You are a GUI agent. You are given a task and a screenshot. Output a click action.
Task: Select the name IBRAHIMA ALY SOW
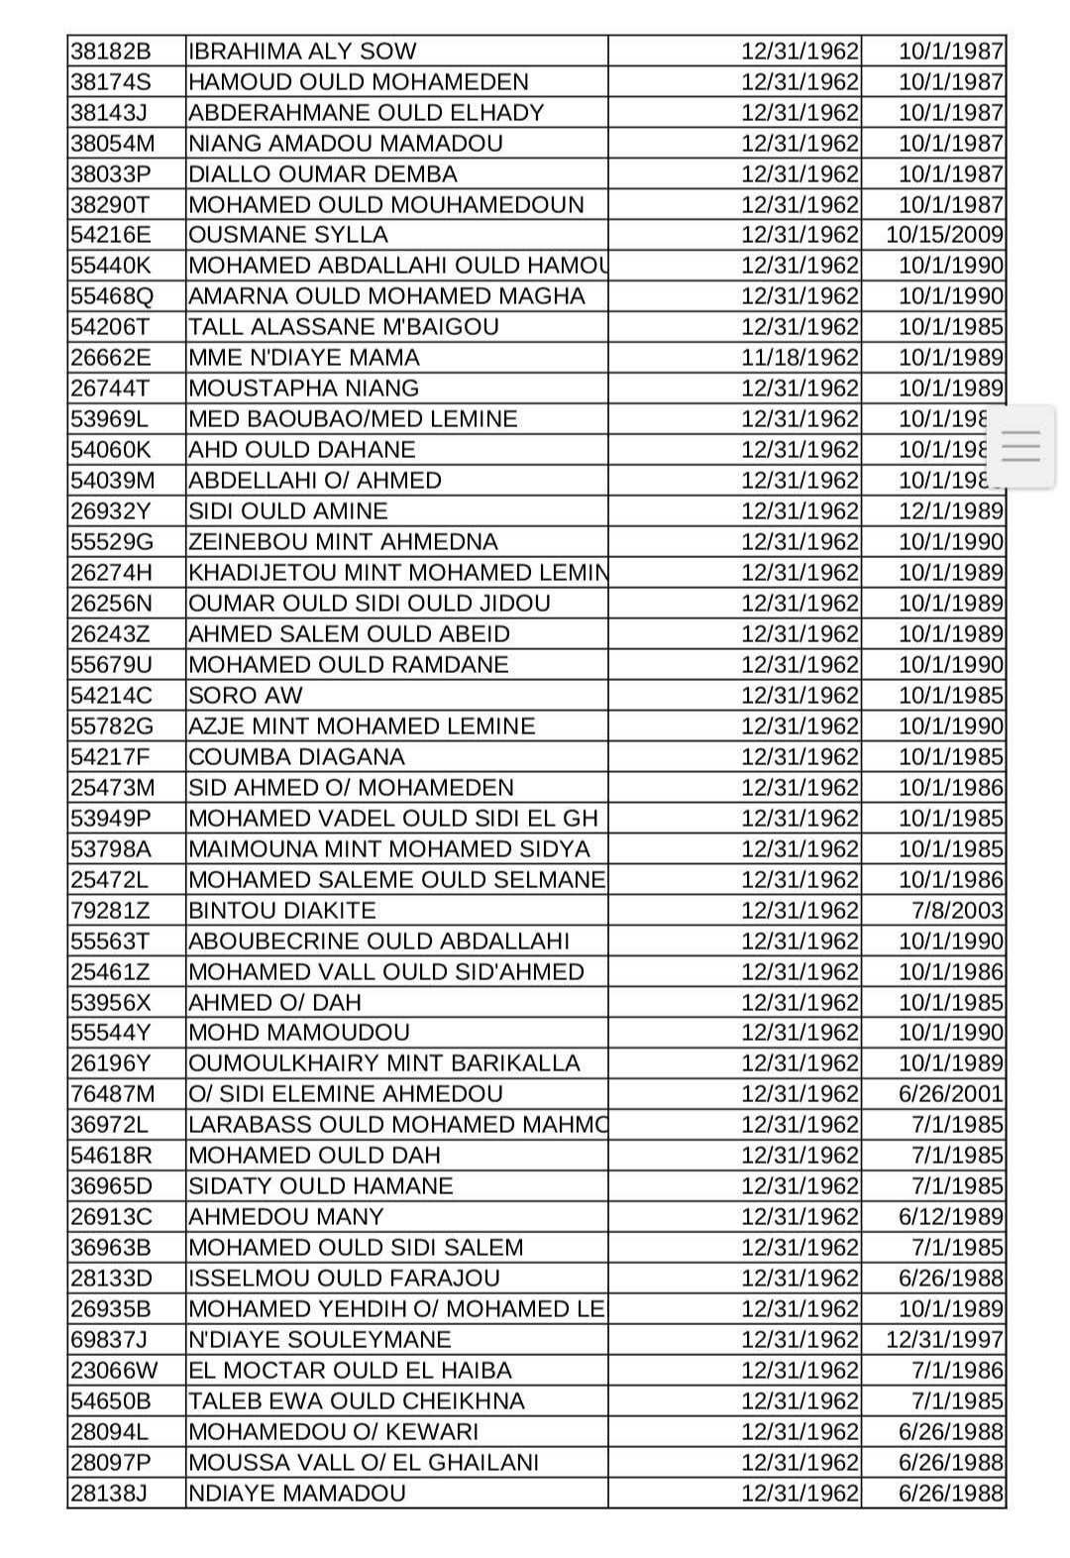click(x=302, y=52)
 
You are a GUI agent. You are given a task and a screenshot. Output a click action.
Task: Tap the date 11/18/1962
click(x=800, y=358)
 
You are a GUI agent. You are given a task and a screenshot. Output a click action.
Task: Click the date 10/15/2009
click(x=944, y=235)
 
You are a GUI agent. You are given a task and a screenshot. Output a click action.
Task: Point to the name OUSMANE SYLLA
click(x=288, y=235)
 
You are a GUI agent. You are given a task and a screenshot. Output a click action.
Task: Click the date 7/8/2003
click(x=958, y=911)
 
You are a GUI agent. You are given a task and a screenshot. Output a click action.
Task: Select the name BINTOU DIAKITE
click(x=282, y=911)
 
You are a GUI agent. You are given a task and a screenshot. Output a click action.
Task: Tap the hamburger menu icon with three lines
click(x=1020, y=446)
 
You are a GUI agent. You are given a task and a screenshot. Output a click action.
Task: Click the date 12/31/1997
click(x=944, y=1340)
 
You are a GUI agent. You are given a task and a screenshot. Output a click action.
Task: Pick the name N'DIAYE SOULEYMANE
click(x=320, y=1340)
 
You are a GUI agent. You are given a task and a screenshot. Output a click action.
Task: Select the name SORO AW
click(x=246, y=696)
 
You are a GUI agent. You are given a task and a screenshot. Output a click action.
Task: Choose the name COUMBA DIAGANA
click(x=296, y=757)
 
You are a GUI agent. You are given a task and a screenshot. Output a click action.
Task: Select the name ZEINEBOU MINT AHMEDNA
click(x=343, y=542)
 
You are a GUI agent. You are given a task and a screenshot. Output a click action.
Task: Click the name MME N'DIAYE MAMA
click(x=304, y=358)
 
